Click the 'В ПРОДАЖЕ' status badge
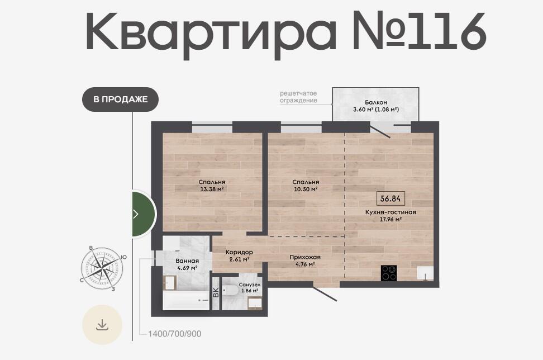click(x=120, y=100)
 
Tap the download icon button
click(x=102, y=325)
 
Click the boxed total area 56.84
click(x=390, y=198)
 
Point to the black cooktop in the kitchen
click(x=389, y=273)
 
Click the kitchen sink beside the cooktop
click(x=425, y=273)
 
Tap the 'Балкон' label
click(x=376, y=102)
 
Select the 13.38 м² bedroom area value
click(x=212, y=189)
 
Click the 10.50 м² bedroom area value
click(x=306, y=189)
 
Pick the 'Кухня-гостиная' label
click(x=390, y=212)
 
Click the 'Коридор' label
click(x=239, y=252)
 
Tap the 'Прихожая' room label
click(x=305, y=257)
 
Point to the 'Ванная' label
click(x=187, y=261)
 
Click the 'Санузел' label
click(x=250, y=285)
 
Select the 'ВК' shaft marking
click(x=216, y=292)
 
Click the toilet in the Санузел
click(x=229, y=290)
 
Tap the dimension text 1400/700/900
click(x=174, y=334)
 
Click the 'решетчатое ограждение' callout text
click(x=298, y=97)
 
